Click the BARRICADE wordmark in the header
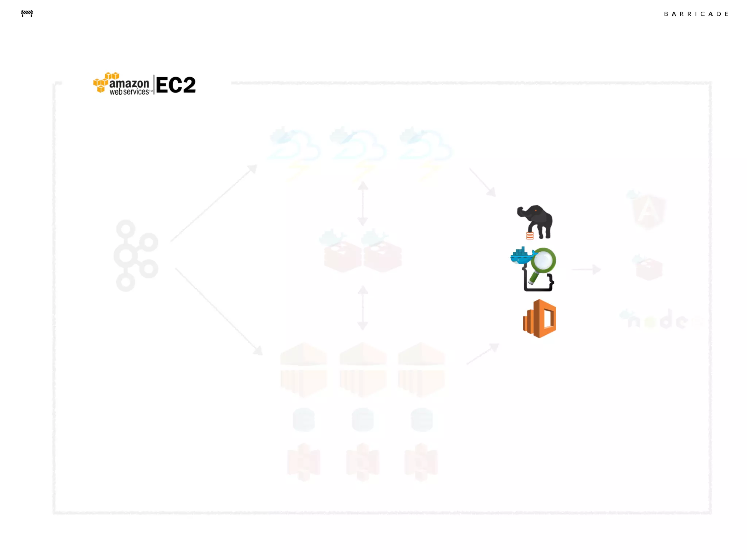coord(696,14)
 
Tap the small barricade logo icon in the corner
coord(27,13)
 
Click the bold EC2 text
coord(176,85)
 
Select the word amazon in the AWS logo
coord(129,83)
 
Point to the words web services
coord(129,92)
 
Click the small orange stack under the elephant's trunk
coord(530,236)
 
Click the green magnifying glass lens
coord(543,260)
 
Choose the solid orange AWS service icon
coord(539,319)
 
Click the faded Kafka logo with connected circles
coord(135,255)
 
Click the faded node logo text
coord(660,320)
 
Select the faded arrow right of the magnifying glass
coord(586,269)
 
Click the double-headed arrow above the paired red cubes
coord(363,203)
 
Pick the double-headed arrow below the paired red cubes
coord(363,308)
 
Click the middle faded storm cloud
coord(358,149)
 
